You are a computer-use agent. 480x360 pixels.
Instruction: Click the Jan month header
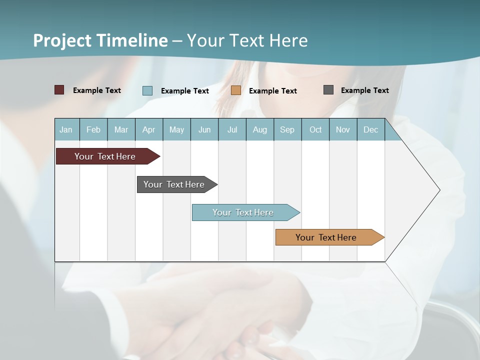(66, 130)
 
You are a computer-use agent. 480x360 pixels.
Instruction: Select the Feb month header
(93, 130)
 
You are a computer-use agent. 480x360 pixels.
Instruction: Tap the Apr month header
(148, 130)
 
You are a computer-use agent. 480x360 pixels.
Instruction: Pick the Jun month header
(204, 130)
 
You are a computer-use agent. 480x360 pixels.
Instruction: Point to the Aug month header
(259, 130)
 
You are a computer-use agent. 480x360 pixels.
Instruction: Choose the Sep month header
(287, 130)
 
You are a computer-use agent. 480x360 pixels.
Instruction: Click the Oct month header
(315, 130)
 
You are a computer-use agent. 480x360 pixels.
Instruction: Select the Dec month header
(370, 130)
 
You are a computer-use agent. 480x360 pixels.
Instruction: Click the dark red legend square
(59, 90)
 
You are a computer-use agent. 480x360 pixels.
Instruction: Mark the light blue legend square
(147, 90)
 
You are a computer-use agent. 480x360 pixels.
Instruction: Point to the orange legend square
(236, 90)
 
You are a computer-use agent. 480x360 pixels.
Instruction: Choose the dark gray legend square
(328, 90)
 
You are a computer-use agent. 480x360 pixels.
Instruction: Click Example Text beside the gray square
(364, 90)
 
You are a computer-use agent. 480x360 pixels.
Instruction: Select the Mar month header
(121, 130)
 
